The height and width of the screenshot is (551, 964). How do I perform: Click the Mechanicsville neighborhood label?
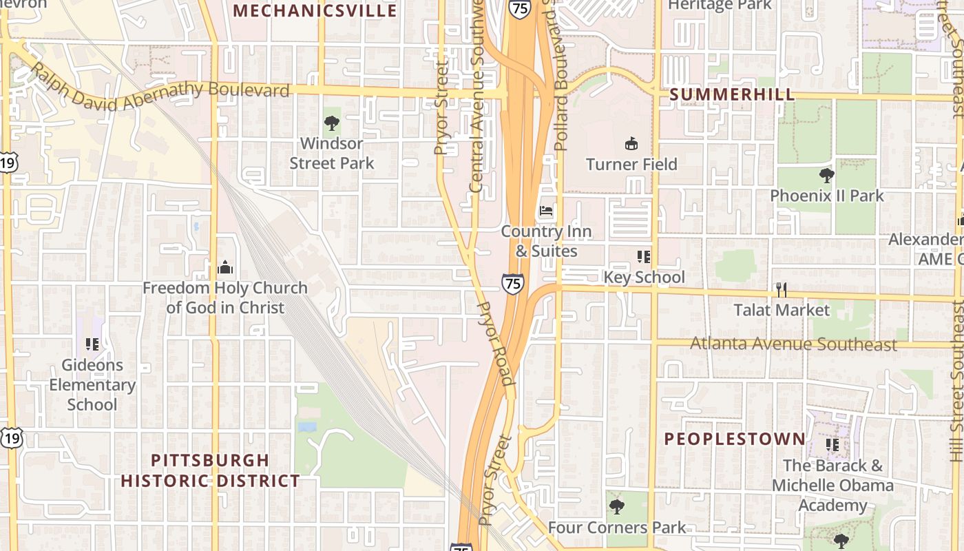pos(315,11)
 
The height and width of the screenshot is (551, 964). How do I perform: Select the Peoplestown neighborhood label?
pos(735,439)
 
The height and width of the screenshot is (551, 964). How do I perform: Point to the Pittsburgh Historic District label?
pos(210,470)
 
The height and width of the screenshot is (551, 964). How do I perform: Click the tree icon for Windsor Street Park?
pos(332,123)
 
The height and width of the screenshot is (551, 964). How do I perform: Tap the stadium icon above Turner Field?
pos(631,143)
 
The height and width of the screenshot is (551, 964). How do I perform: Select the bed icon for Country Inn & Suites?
pos(546,211)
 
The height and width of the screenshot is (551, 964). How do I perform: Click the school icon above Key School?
pos(644,257)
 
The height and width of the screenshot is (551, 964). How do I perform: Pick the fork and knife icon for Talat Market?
pos(781,289)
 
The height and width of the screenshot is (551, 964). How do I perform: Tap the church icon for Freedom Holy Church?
pos(225,267)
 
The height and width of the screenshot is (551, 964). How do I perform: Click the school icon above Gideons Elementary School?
pos(92,344)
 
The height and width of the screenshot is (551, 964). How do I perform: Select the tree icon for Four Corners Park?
pos(616,507)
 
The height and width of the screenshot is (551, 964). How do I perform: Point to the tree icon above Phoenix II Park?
pos(826,175)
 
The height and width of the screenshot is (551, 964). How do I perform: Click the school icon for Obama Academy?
pos(832,445)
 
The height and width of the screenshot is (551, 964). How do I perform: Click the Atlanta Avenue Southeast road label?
pos(793,344)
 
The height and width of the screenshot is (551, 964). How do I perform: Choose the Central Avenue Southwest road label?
pos(476,96)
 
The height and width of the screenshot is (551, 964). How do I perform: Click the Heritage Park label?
pos(720,6)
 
